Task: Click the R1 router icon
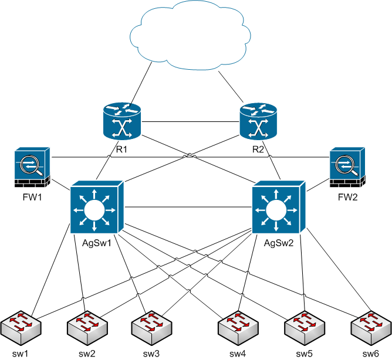pyautogui.click(x=122, y=121)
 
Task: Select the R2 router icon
pyautogui.click(x=259, y=121)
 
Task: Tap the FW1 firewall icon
pyautogui.click(x=32, y=167)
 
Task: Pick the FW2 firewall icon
pyautogui.click(x=347, y=167)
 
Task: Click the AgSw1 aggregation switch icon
pyautogui.click(x=97, y=208)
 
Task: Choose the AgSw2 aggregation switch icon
pyautogui.click(x=279, y=208)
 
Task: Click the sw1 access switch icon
pyautogui.click(x=21, y=328)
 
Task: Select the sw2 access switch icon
pyautogui.click(x=87, y=328)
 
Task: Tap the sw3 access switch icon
pyautogui.click(x=152, y=328)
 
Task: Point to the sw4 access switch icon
pyautogui.click(x=238, y=328)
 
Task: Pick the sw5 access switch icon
pyautogui.click(x=305, y=328)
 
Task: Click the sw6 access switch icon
pyautogui.click(x=371, y=328)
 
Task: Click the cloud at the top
pyautogui.click(x=190, y=35)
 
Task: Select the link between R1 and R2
pyautogui.click(x=190, y=122)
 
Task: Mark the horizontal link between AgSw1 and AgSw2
pyautogui.click(x=188, y=207)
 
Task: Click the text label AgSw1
pyautogui.click(x=97, y=243)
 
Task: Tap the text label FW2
pyautogui.click(x=347, y=198)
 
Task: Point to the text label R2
pyautogui.click(x=258, y=150)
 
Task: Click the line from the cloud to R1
pyautogui.click(x=141, y=83)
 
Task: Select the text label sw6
pyautogui.click(x=371, y=354)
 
